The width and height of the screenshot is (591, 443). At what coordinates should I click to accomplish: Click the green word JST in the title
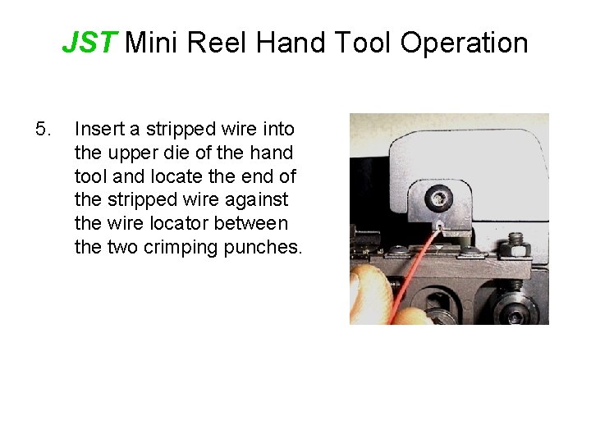pos(91,42)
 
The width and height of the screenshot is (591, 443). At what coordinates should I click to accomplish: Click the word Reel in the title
pos(218,42)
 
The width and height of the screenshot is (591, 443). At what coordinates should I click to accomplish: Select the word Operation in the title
pos(465,42)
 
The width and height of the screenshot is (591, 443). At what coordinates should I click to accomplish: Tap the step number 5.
pos(44,130)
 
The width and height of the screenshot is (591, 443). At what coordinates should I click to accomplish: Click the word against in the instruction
pos(261,200)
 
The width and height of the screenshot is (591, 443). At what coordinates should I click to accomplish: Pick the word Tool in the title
pos(362,42)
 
